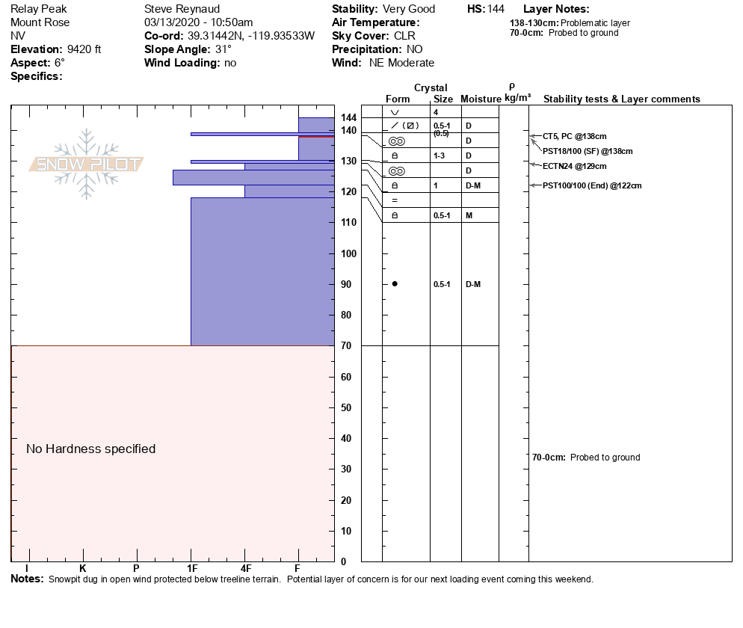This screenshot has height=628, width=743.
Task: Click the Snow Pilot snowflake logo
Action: click(x=86, y=164)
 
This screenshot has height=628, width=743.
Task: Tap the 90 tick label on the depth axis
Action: click(x=346, y=284)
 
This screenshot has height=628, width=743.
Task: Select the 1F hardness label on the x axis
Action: click(x=192, y=568)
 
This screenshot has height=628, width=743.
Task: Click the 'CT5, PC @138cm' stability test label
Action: click(x=574, y=137)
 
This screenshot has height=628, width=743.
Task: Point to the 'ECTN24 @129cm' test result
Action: click(x=574, y=167)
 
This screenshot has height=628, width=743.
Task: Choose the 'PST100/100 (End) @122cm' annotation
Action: click(x=592, y=186)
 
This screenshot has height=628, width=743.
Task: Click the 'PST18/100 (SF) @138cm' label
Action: click(x=588, y=151)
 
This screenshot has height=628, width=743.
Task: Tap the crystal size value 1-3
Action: click(x=440, y=156)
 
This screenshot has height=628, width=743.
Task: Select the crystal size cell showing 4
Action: click(x=436, y=112)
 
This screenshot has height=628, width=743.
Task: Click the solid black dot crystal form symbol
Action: click(x=395, y=284)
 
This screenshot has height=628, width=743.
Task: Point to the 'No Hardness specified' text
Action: click(x=91, y=449)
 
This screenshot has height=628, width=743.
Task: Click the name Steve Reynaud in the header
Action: click(x=182, y=9)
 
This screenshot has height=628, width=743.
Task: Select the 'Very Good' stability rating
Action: click(x=408, y=9)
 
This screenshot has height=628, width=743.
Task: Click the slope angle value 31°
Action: click(x=223, y=49)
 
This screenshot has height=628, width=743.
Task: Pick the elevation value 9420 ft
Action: click(x=84, y=49)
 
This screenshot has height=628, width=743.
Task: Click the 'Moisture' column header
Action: click(x=481, y=99)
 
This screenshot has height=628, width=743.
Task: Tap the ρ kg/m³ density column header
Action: click(x=517, y=93)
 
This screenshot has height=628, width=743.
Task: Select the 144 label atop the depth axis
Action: click(x=349, y=117)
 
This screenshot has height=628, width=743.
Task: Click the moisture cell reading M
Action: click(x=469, y=215)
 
